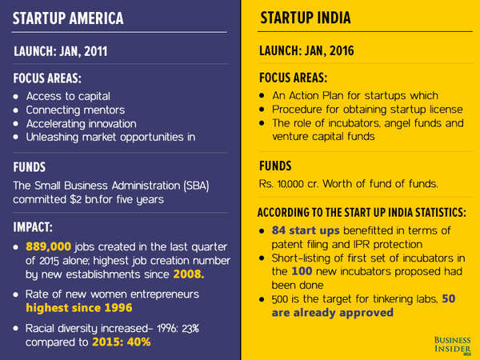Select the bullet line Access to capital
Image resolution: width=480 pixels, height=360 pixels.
coord(67,96)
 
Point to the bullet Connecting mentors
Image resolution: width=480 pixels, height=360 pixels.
coord(76,110)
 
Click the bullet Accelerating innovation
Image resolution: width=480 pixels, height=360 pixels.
coord(81,123)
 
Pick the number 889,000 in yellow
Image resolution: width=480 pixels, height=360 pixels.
coord(50,247)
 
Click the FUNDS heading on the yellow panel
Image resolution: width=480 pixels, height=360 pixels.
coord(279,166)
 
